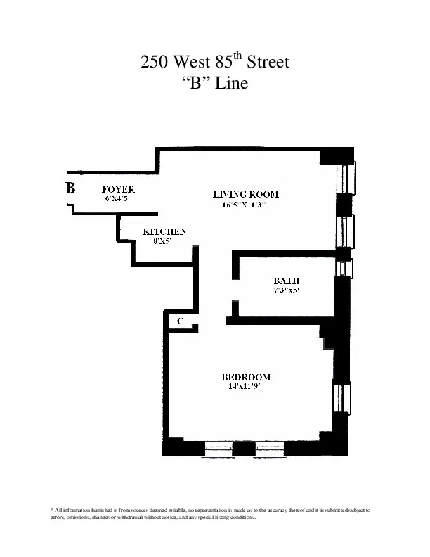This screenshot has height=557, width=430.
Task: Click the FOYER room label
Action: pos(118,190)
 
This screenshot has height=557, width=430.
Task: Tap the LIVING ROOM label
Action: pos(246,195)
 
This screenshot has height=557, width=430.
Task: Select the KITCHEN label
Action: pos(164,231)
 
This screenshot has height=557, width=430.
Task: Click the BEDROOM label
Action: pos(246,376)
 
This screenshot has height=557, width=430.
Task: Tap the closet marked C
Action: pos(181,321)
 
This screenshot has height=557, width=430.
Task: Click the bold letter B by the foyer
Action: pos(70,188)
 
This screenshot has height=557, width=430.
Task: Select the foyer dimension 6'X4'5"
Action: pos(118,198)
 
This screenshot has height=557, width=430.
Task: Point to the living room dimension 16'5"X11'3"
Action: pos(246,205)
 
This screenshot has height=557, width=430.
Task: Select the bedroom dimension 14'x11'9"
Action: pos(246,386)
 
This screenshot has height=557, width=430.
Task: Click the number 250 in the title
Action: pos(154,63)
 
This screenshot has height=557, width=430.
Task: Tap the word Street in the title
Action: pos(268,63)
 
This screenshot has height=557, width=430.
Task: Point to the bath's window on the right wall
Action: pos(343,269)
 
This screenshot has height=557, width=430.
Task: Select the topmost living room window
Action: pos(346,178)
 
